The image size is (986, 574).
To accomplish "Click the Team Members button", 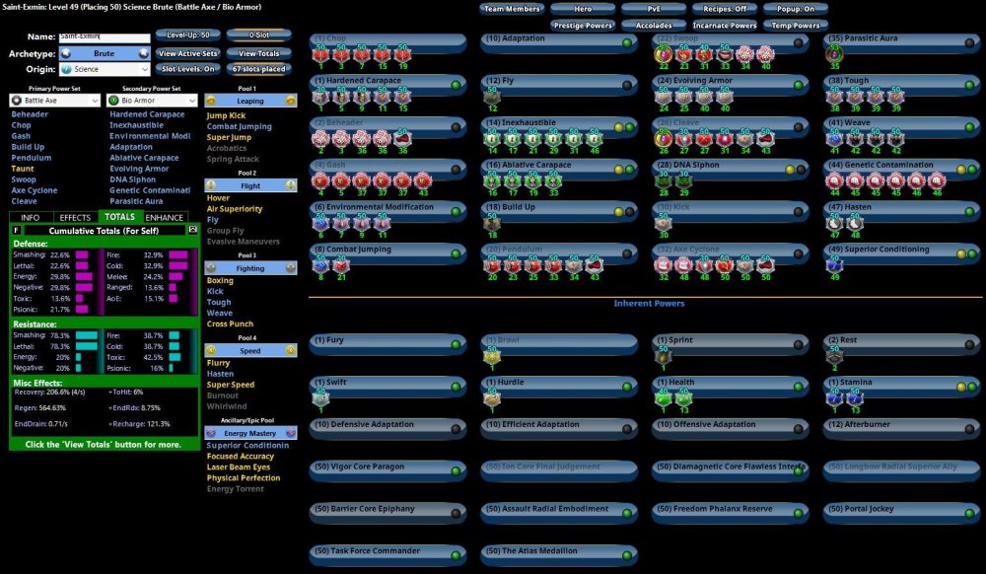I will pyautogui.click(x=512, y=9).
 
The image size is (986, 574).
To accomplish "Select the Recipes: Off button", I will pyautogui.click(x=724, y=9).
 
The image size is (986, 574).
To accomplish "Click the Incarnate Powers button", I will pyautogui.click(x=724, y=26).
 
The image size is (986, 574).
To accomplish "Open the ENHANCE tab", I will pyautogui.click(x=165, y=217).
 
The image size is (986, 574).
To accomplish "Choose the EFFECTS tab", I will pyautogui.click(x=75, y=217).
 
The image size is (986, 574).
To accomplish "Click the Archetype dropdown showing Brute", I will pyautogui.click(x=104, y=53).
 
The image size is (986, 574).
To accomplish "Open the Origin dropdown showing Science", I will pyautogui.click(x=104, y=70).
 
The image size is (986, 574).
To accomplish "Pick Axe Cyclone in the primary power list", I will pyautogui.click(x=35, y=190).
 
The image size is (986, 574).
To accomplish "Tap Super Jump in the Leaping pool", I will pyautogui.click(x=229, y=137).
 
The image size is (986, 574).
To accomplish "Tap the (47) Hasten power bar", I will pyautogui.click(x=902, y=208).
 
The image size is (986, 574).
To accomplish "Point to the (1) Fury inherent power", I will pyautogui.click(x=387, y=341).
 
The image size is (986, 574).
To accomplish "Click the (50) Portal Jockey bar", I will pyautogui.click(x=902, y=510).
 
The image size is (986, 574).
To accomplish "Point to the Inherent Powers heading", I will pyautogui.click(x=649, y=304).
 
